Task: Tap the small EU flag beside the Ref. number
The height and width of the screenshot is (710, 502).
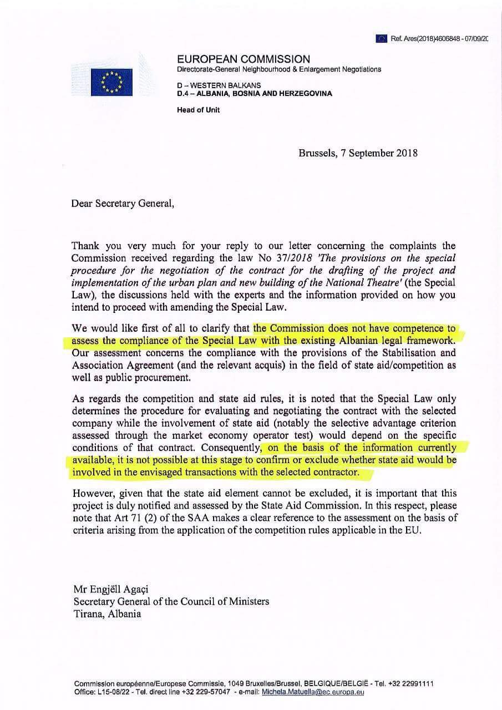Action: (381, 38)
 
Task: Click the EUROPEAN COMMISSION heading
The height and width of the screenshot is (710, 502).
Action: (244, 59)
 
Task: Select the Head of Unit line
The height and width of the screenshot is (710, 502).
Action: (198, 110)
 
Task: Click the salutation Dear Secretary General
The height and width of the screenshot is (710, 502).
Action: (122, 203)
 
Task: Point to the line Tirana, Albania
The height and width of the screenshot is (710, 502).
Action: (107, 613)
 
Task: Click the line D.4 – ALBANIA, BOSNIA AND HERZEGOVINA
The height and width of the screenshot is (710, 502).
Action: (254, 94)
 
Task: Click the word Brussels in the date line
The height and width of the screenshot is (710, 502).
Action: (316, 153)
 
